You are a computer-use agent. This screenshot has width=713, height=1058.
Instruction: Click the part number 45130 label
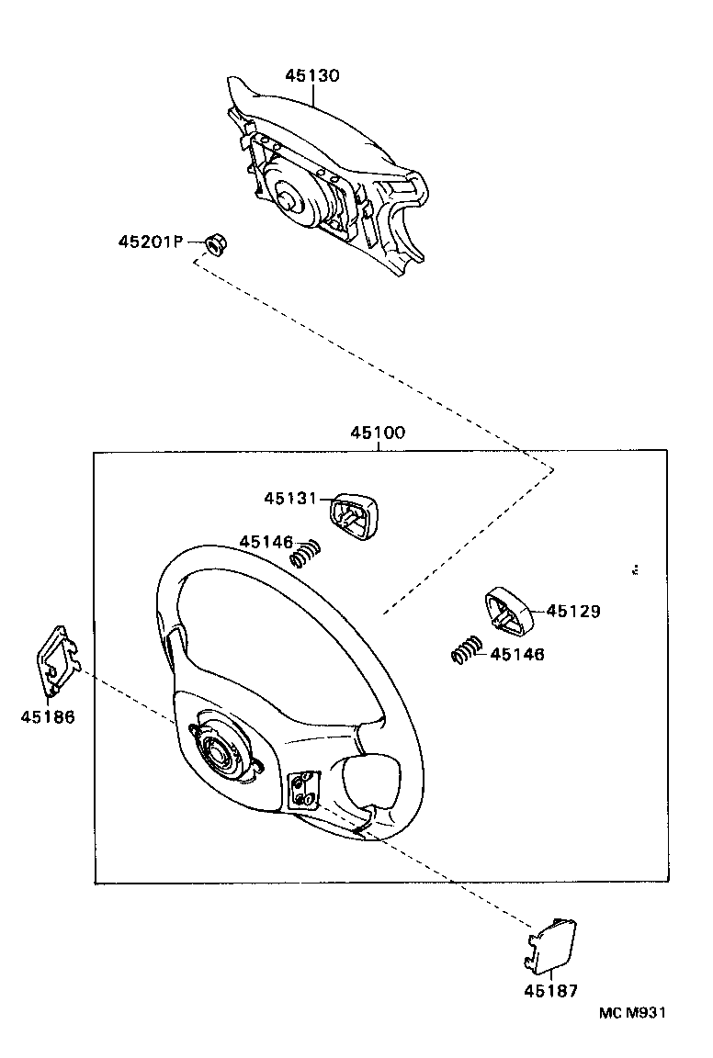pos(311,76)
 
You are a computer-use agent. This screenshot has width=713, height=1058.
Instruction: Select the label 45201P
pos(151,242)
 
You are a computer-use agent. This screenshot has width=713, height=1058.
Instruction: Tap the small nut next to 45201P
pos(215,244)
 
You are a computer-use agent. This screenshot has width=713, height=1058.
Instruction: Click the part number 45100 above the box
pos(377,433)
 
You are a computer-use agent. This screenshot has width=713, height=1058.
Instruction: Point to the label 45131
pos(290,498)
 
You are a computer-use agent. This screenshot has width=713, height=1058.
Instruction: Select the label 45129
pos(573,611)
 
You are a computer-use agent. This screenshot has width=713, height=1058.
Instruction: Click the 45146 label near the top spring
pos(266,542)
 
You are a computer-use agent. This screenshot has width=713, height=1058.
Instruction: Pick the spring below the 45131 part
pos(306,554)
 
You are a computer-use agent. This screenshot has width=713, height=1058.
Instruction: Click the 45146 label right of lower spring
pos(516,654)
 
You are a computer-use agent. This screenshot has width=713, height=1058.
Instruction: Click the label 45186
pos(48,716)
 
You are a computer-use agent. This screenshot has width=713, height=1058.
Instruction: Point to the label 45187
pos(551,991)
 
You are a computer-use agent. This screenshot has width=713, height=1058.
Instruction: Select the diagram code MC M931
pos(631,1012)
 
